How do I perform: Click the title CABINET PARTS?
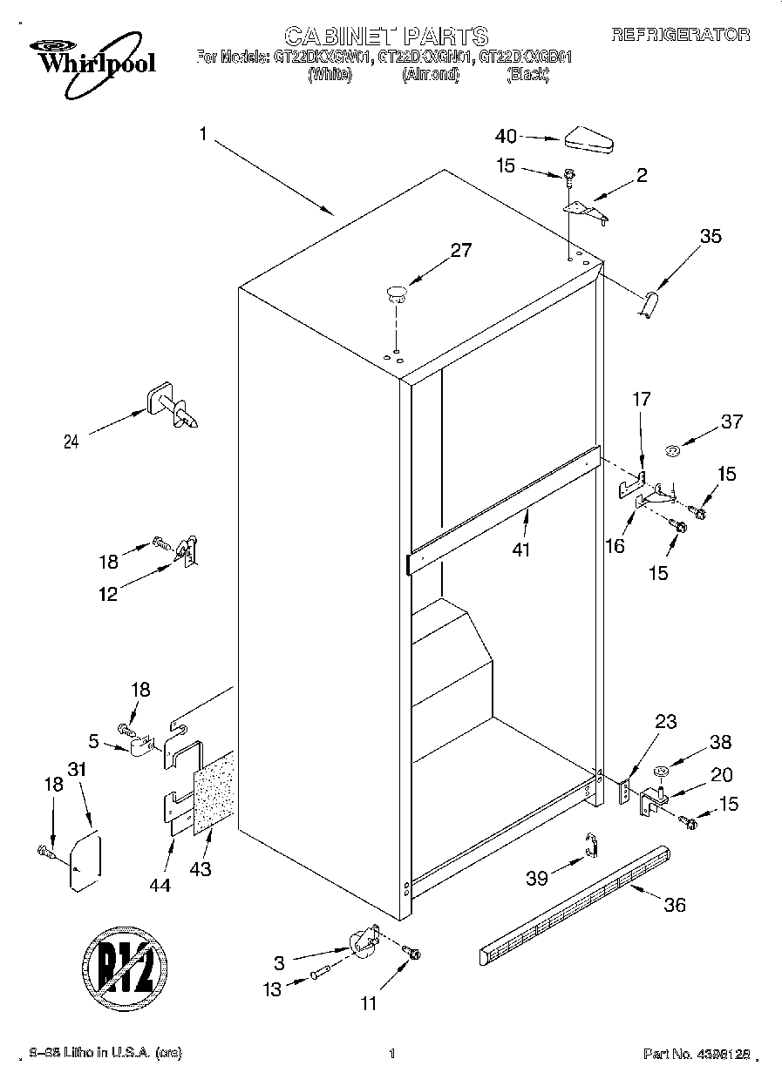pyautogui.click(x=386, y=36)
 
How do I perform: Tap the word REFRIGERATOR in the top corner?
pyautogui.click(x=680, y=35)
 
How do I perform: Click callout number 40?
pyautogui.click(x=507, y=136)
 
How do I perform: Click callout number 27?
pyautogui.click(x=460, y=251)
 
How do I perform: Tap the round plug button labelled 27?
pyautogui.click(x=397, y=293)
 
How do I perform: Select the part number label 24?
pyautogui.click(x=71, y=442)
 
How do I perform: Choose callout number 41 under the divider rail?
pyautogui.click(x=521, y=550)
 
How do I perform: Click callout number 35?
pyautogui.click(x=711, y=235)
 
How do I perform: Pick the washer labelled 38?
pyautogui.click(x=662, y=771)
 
